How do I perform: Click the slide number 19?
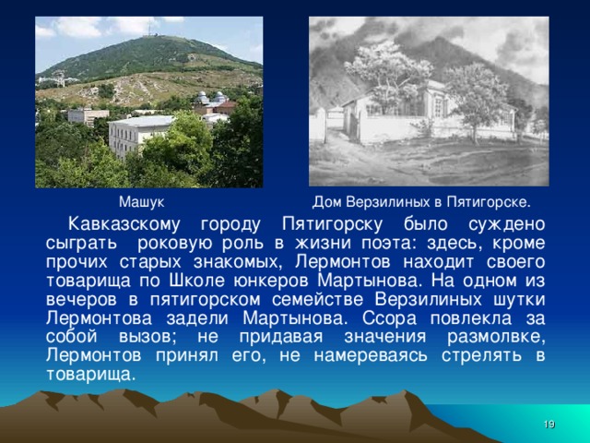click(x=549, y=423)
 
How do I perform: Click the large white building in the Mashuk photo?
click(x=139, y=133)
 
